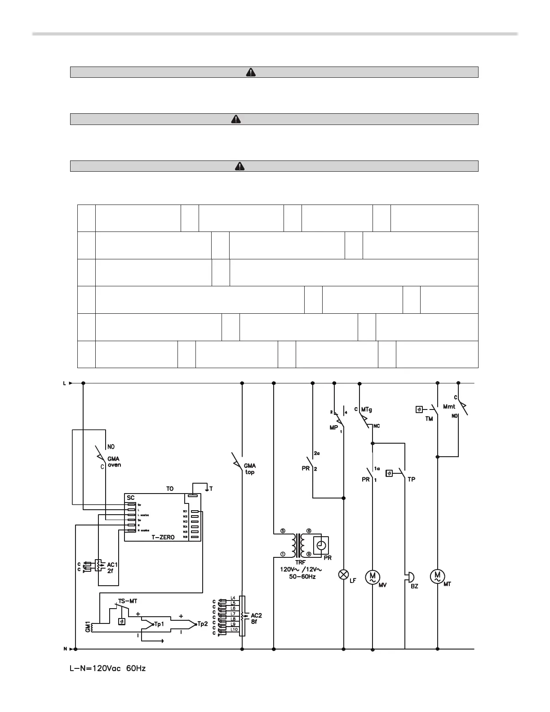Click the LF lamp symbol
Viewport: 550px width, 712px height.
(344, 574)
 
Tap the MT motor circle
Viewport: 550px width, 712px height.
(437, 576)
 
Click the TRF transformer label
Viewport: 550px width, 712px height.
(300, 562)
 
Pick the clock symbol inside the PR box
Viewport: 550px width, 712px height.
(321, 545)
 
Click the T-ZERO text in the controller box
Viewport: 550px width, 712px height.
(163, 537)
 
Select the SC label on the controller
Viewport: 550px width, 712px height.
(131, 498)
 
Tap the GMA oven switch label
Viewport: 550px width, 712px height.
(114, 462)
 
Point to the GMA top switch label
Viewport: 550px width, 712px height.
(250, 469)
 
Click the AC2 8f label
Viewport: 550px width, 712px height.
(256, 618)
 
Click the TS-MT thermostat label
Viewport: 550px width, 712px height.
(128, 601)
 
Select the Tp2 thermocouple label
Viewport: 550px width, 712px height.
(203, 624)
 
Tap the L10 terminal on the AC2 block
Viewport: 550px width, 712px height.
(234, 630)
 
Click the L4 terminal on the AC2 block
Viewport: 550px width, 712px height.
(233, 598)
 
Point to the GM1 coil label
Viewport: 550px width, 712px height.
(88, 627)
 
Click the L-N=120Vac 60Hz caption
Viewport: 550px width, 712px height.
(108, 668)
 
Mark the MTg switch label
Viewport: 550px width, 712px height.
(366, 409)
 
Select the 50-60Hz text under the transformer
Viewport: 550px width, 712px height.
(302, 576)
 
